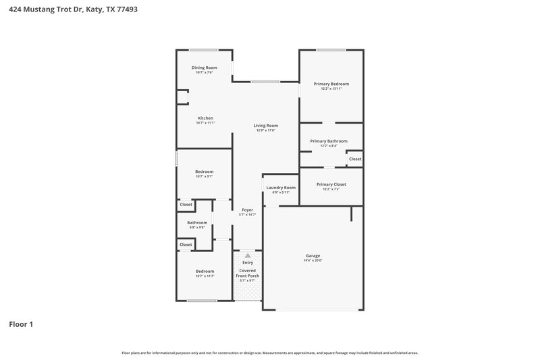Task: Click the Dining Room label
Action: click(x=204, y=68)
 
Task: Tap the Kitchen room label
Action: click(x=205, y=118)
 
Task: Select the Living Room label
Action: click(x=265, y=126)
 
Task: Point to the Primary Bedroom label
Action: click(x=331, y=84)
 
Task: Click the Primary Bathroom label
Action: click(x=329, y=140)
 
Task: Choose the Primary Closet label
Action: click(x=331, y=184)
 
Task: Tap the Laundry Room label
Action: click(x=281, y=187)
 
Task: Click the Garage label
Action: click(x=313, y=255)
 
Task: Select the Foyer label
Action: click(x=247, y=210)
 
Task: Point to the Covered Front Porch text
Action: click(x=247, y=273)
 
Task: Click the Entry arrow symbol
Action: click(x=247, y=255)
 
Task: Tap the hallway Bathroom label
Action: click(x=197, y=222)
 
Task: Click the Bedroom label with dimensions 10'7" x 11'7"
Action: click(x=205, y=271)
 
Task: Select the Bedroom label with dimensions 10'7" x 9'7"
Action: click(x=205, y=172)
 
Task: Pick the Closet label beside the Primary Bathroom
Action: click(x=355, y=159)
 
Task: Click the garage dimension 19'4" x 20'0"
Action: click(x=313, y=261)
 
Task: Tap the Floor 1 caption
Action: click(x=21, y=324)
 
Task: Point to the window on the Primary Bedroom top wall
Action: click(x=331, y=50)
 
